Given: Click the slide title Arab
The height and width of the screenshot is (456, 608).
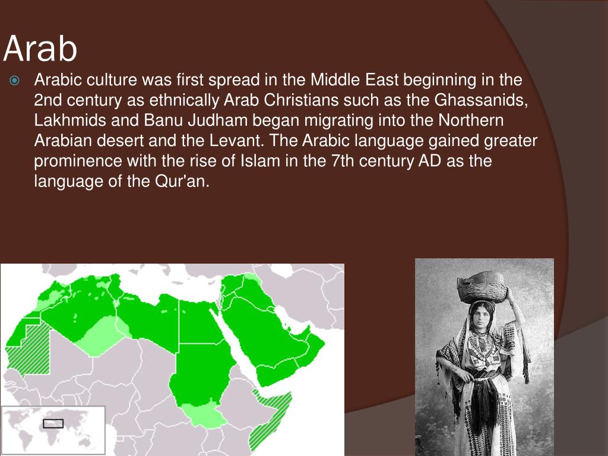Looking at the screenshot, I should click(x=40, y=49).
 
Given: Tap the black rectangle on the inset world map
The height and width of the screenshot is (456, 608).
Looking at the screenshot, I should click(x=53, y=423).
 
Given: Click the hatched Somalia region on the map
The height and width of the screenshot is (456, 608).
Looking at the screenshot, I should click(x=270, y=416).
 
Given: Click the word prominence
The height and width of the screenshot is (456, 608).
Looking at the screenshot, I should click(x=80, y=160).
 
